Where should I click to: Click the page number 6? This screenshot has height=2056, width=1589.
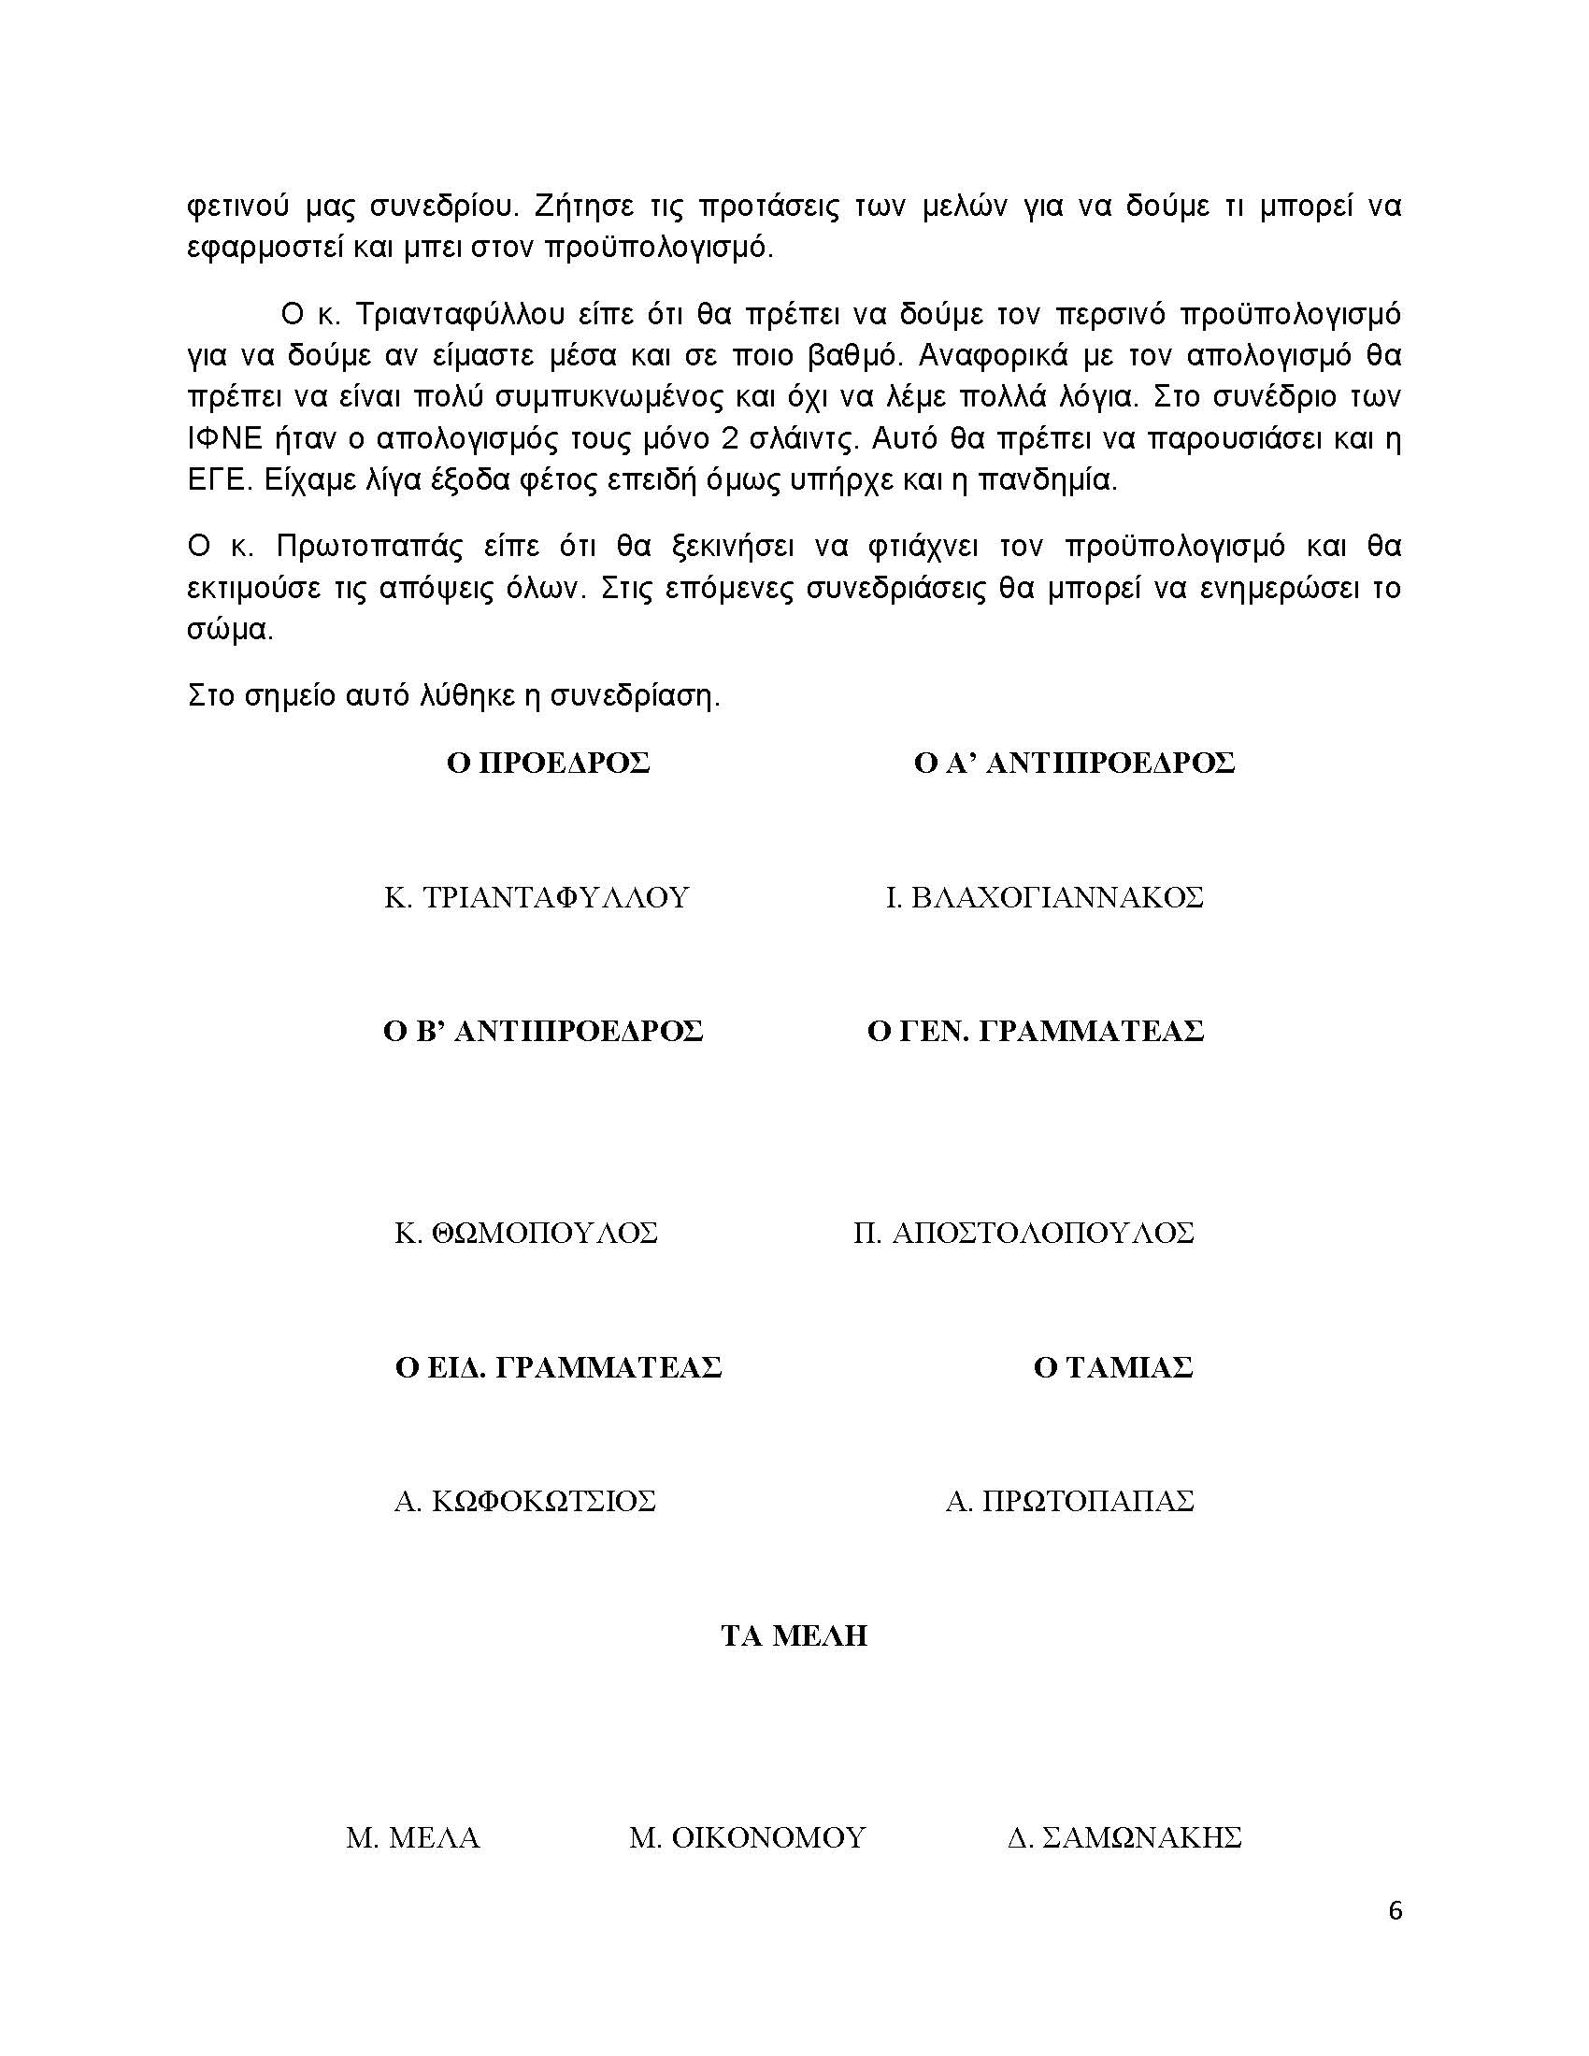[x=1396, y=1910]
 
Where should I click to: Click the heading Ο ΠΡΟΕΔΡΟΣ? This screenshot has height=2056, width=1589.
[x=548, y=763]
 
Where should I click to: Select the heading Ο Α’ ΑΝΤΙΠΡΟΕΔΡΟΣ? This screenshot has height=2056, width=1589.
[x=1074, y=763]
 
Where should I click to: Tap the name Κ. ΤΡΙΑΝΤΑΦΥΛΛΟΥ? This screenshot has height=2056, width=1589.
[x=537, y=897]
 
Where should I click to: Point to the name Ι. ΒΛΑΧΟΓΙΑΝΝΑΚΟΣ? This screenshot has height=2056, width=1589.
[x=1044, y=897]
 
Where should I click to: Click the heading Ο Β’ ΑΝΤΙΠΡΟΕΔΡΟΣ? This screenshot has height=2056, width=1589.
[x=543, y=1031]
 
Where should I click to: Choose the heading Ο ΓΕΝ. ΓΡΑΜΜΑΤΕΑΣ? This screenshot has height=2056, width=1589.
[x=1036, y=1031]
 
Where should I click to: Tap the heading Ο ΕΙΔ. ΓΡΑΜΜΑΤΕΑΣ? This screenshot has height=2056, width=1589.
[x=558, y=1367]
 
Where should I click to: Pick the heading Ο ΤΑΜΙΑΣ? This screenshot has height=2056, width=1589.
[x=1112, y=1367]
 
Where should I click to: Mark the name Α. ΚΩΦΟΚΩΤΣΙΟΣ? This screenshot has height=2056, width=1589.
[x=524, y=1501]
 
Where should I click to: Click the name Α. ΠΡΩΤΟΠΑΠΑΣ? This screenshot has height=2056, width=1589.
[x=1069, y=1501]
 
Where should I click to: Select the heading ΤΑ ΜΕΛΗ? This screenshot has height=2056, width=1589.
[x=794, y=1635]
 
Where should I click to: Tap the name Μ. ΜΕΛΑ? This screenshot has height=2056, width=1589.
[x=413, y=1836]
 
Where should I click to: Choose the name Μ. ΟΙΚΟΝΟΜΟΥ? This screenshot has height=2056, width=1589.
[x=748, y=1836]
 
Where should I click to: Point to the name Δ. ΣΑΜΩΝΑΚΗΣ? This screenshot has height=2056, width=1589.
[x=1124, y=1836]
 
